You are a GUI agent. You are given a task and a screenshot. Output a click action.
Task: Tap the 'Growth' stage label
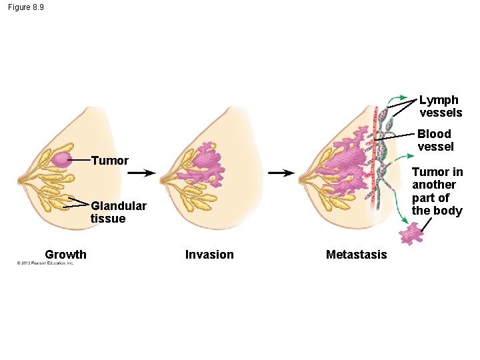coord(65,254)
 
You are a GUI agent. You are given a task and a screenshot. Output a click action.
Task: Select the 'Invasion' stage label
coord(209,254)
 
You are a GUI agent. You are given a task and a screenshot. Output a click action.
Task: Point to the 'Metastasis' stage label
coord(356,254)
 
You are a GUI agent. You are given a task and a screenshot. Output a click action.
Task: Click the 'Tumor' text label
coord(109,161)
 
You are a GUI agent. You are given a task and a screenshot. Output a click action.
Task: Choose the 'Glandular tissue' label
coord(118,212)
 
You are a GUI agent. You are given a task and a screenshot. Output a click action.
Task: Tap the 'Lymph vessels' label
coord(440,106)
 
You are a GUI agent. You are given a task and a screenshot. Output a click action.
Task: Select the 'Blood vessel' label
coord(435,140)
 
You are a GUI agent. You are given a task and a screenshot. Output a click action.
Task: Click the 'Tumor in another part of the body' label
coord(437,191)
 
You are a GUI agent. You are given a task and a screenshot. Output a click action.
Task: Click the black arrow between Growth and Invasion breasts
coord(142,173)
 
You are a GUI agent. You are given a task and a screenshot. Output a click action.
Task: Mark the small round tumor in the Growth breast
coord(61,160)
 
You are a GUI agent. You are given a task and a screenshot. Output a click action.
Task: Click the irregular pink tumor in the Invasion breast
coord(207,161)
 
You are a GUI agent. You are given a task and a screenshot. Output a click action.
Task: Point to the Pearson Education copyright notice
coord(45,263)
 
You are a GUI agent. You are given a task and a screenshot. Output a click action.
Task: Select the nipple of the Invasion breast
coord(162,178)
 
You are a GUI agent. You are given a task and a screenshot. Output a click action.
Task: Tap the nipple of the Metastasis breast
coord(301,178)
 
